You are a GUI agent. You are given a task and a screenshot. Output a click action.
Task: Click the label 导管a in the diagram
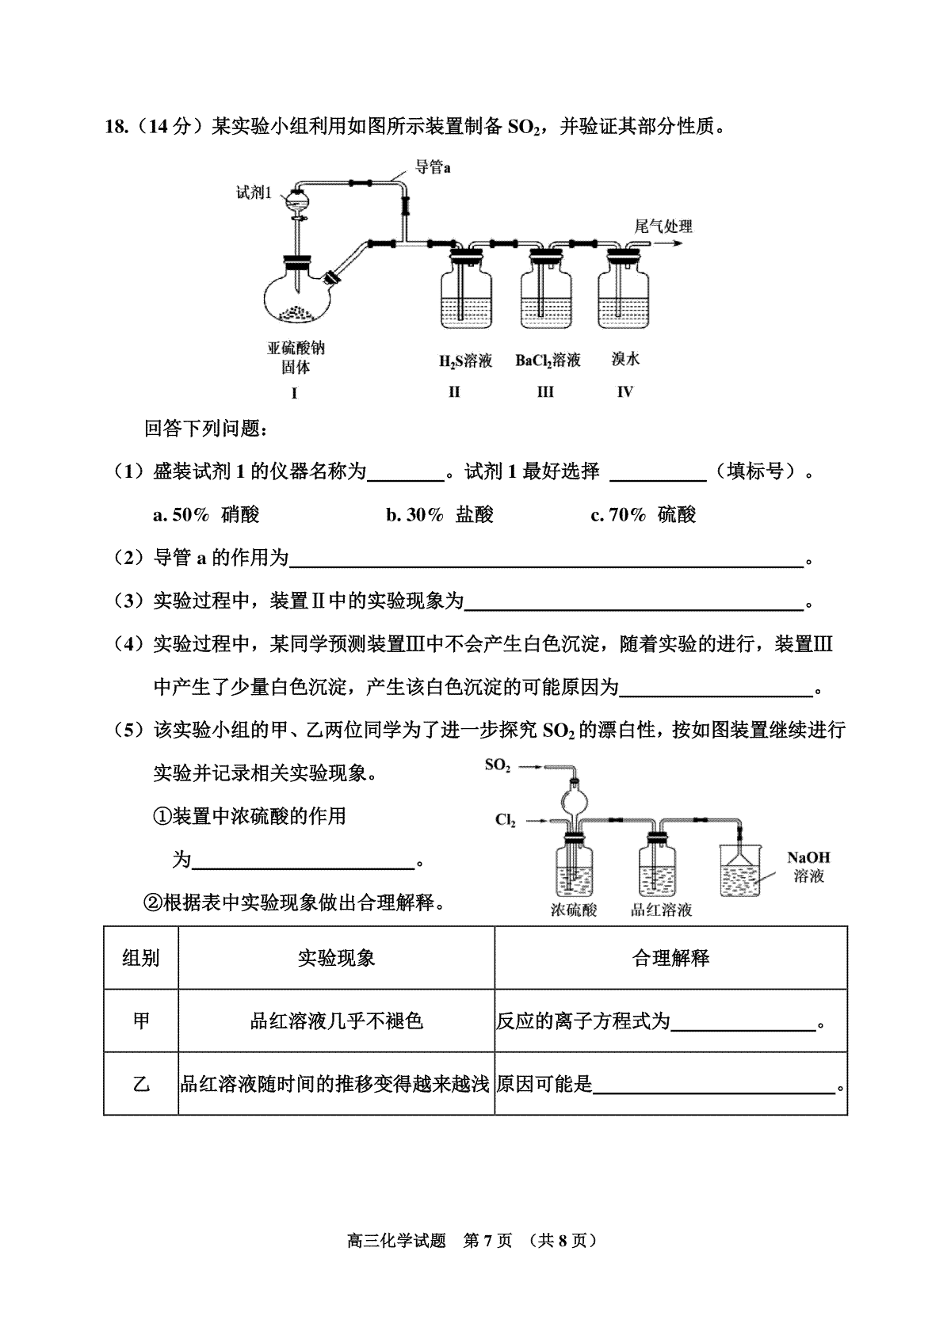pos(433,167)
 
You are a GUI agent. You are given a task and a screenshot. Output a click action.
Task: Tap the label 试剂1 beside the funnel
pos(254,193)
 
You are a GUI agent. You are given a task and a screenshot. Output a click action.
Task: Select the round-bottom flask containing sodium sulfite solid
pos(297,293)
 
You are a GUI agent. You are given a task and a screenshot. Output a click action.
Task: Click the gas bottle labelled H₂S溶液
pos(466,290)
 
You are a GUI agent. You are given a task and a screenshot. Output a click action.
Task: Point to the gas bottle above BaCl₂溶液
pos(546,290)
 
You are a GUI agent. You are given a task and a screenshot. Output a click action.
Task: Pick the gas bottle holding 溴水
pos(623,290)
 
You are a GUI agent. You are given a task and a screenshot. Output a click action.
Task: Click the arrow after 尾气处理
pos(668,243)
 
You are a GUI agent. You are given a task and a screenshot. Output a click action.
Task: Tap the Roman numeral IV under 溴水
pos(624,392)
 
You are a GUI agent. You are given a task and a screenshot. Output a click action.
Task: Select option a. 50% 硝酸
pos(206,514)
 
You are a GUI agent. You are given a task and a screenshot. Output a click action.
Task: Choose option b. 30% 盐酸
pos(440,514)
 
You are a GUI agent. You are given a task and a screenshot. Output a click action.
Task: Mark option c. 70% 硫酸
pos(643,514)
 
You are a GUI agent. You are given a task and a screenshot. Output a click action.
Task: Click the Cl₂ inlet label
pos(505,820)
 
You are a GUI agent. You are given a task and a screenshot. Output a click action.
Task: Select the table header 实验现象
pos(336,958)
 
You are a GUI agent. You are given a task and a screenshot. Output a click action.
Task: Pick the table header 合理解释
pos(671,958)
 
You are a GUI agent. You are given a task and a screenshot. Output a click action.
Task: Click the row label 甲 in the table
pos(141,1021)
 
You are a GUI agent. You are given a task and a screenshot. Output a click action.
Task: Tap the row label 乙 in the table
pos(141,1084)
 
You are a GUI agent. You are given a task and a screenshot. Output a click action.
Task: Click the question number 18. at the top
pos(117,127)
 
